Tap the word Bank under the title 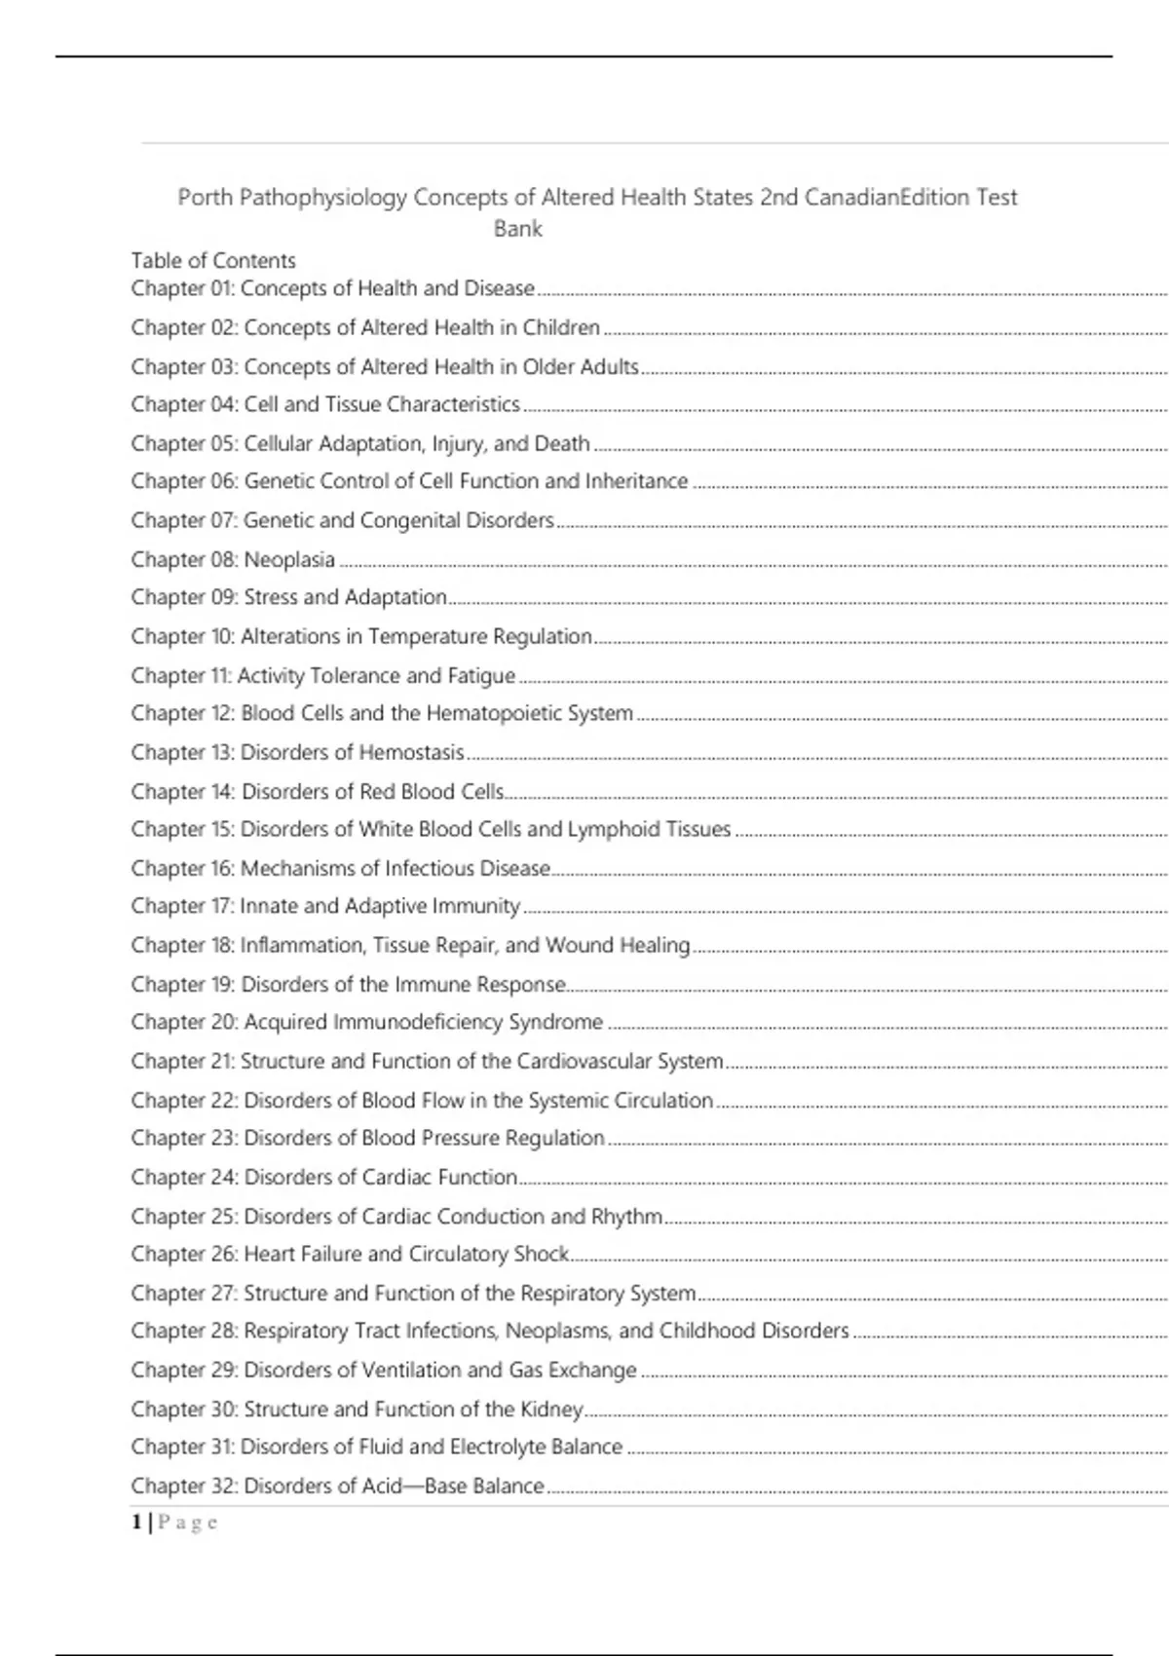click(x=517, y=229)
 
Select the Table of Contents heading click(x=213, y=261)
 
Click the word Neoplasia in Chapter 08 click(x=289, y=560)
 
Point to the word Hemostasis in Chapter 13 click(x=411, y=753)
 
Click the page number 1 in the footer click(x=137, y=1523)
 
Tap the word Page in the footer click(x=188, y=1523)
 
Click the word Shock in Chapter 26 click(x=542, y=1255)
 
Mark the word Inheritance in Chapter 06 click(x=636, y=481)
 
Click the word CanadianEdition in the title click(x=886, y=198)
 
